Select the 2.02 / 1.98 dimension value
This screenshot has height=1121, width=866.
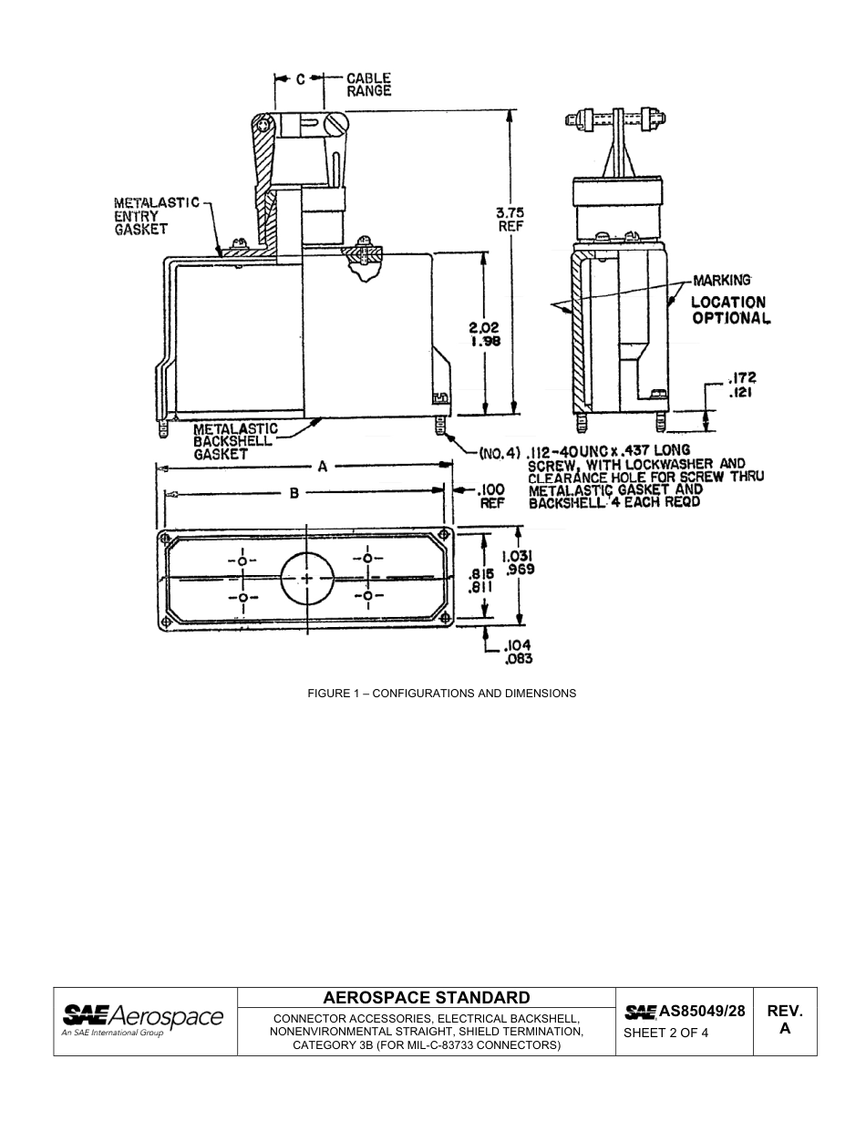tap(484, 334)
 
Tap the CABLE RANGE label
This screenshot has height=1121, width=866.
tap(368, 85)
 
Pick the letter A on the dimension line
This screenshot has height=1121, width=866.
tap(322, 467)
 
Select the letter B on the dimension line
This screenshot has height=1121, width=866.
tap(294, 493)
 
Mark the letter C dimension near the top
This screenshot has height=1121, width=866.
tap(300, 79)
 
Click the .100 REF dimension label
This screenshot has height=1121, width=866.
tap(491, 497)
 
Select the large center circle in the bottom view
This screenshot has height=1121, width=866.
tap(307, 579)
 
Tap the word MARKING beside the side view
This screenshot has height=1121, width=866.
tap(721, 280)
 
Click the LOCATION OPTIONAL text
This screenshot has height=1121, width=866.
tap(728, 310)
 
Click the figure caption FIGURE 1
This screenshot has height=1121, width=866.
tap(441, 694)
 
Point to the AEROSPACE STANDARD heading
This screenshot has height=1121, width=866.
tap(426, 997)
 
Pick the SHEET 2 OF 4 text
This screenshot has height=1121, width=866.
tap(665, 1033)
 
